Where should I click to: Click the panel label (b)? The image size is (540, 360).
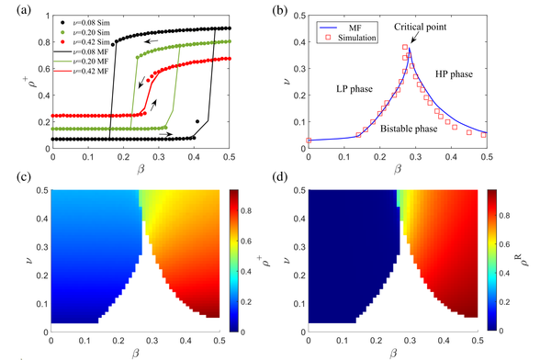pyautogui.click(x=284, y=8)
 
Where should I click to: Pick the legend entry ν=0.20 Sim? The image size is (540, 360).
pyautogui.click(x=87, y=28)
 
